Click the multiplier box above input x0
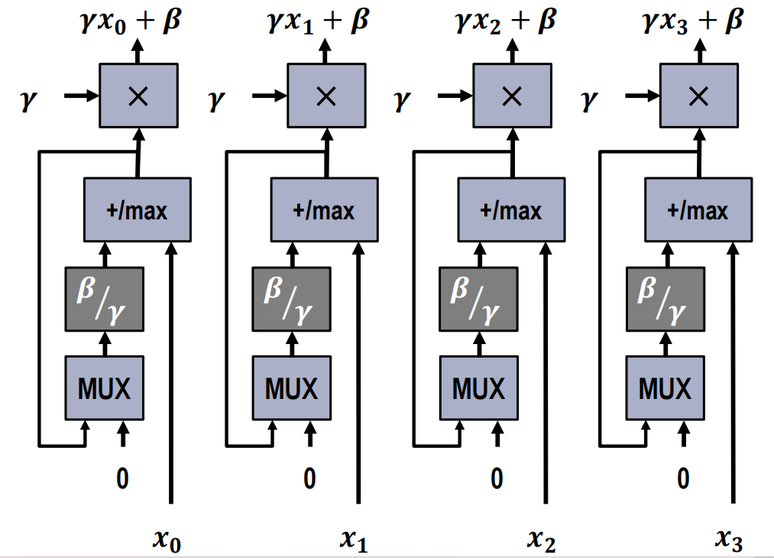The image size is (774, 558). click(x=138, y=96)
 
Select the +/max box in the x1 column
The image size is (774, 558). click(x=324, y=209)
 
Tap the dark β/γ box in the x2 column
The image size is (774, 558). click(x=478, y=299)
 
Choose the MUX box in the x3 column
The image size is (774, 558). click(x=665, y=388)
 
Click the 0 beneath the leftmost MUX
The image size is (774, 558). click(x=122, y=479)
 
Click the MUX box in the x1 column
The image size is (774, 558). click(x=291, y=388)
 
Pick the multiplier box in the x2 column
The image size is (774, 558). click(x=512, y=96)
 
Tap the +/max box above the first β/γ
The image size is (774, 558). click(x=137, y=209)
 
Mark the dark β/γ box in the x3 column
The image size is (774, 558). click(x=665, y=299)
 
